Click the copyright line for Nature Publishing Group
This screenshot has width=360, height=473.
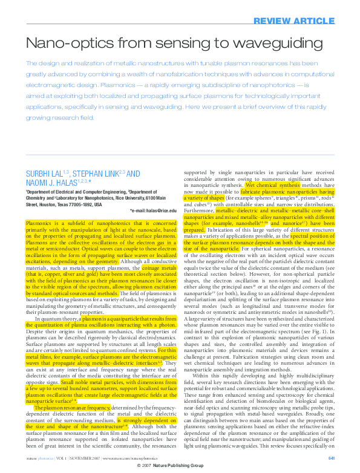[180, 468]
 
